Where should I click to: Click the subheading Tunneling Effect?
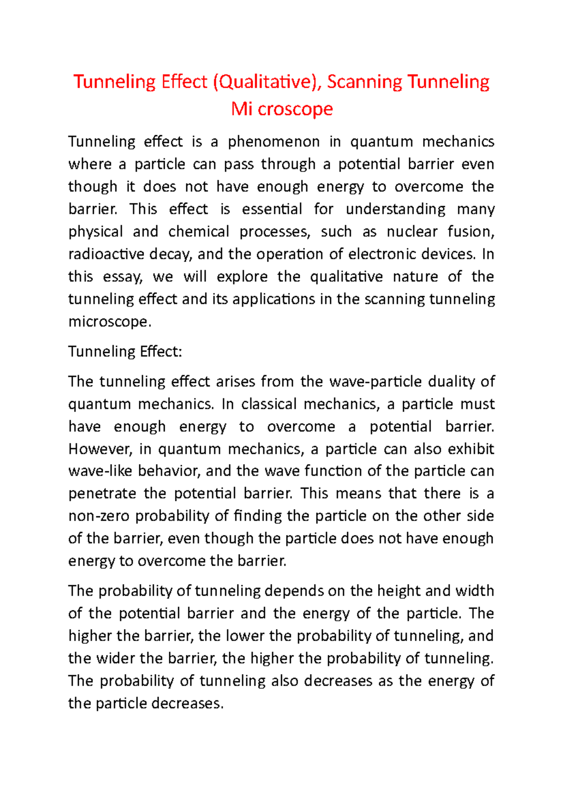point(125,351)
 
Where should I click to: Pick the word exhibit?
point(471,449)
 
